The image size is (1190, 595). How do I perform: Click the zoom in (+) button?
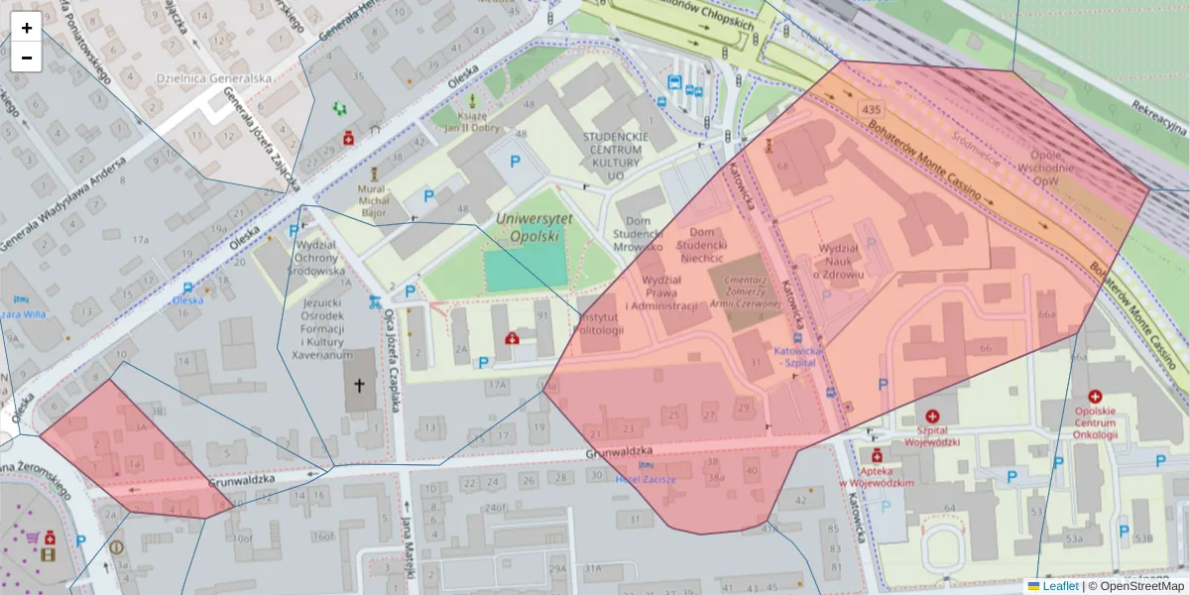[27, 28]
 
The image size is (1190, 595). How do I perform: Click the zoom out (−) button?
[27, 58]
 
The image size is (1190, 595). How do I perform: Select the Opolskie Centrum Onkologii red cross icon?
[1095, 397]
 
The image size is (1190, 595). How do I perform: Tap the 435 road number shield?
[872, 108]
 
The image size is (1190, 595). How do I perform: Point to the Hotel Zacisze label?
[646, 478]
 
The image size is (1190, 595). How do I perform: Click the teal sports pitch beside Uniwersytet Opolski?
[522, 269]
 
